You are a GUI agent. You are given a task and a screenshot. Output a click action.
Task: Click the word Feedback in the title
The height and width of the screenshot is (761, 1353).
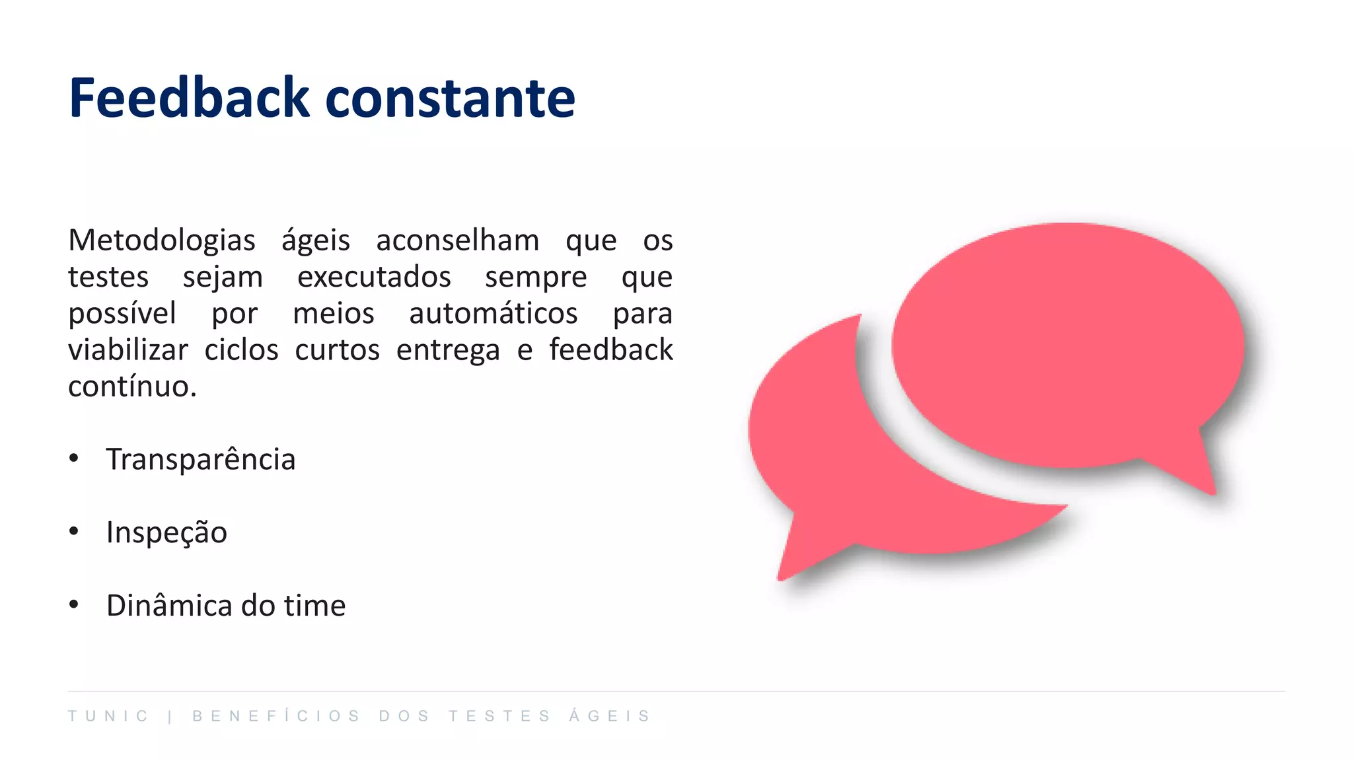click(x=189, y=98)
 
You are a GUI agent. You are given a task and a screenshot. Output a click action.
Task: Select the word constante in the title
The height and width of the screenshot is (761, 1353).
click(x=450, y=99)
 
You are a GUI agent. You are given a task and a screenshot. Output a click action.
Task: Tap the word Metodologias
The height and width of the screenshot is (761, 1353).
click(x=162, y=240)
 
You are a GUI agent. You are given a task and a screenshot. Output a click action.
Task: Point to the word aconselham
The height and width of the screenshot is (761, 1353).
click(x=457, y=240)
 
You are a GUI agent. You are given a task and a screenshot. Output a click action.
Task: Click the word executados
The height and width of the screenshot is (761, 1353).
click(x=374, y=277)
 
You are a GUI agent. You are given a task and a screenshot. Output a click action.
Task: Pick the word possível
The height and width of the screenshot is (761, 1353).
click(x=122, y=314)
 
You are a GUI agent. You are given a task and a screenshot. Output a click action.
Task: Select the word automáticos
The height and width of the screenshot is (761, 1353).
click(x=493, y=313)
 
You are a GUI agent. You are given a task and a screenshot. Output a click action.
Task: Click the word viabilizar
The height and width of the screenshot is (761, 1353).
click(x=128, y=350)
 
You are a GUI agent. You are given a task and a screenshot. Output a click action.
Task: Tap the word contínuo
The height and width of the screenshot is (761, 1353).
click(x=131, y=386)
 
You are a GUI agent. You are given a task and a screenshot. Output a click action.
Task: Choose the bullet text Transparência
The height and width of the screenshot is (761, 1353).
click(x=201, y=459)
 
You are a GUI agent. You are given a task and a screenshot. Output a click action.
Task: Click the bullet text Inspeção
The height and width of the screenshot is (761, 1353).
click(x=166, y=532)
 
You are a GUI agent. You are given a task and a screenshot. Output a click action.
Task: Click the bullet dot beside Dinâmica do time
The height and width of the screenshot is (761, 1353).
click(x=74, y=604)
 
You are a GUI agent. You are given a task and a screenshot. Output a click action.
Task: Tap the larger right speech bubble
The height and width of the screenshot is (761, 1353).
click(x=1067, y=344)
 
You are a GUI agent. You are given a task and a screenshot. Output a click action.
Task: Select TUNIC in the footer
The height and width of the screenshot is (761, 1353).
click(x=108, y=716)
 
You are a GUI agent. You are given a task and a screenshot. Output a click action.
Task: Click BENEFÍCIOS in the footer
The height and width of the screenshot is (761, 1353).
click(x=276, y=716)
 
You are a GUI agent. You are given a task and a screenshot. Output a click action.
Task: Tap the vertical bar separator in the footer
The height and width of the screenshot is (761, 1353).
click(x=170, y=716)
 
